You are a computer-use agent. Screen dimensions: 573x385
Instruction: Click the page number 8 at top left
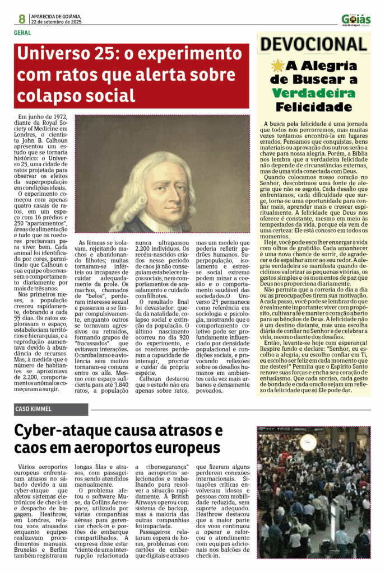[22, 18]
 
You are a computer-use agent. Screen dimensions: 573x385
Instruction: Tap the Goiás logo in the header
[356, 20]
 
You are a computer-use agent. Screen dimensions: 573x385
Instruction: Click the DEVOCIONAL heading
[313, 45]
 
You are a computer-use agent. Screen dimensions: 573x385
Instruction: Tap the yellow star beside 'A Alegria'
[277, 66]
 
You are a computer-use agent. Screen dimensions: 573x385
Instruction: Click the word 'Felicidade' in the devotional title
[313, 106]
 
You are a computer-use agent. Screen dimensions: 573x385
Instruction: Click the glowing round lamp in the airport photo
[307, 443]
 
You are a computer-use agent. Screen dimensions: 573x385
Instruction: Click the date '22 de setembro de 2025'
[57, 22]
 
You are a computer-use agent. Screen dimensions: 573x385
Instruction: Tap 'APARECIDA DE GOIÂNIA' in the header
[57, 16]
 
